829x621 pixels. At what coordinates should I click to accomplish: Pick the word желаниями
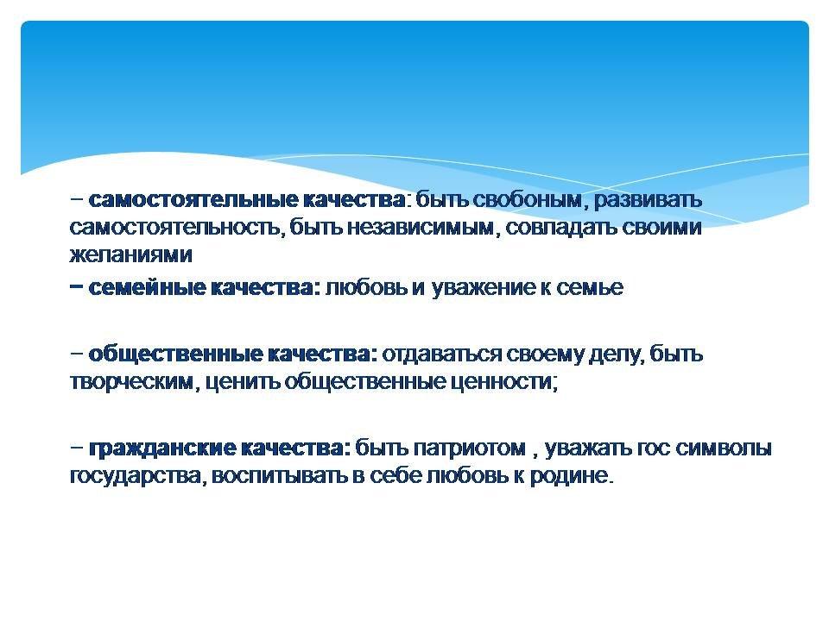point(130,254)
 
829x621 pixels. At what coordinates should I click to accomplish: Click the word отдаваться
point(441,354)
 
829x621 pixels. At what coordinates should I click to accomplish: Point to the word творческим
point(131,381)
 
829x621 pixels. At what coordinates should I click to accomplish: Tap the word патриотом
point(470,448)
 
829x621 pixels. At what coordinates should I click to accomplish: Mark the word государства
point(135,476)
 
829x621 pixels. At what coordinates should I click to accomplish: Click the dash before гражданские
point(77,448)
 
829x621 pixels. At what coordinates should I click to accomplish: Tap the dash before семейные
point(77,286)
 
